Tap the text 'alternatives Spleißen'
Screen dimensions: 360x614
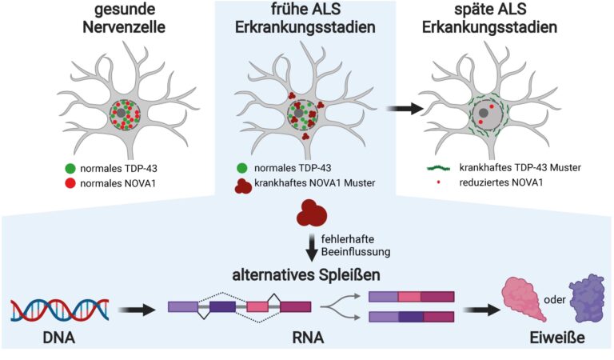(x=307, y=276)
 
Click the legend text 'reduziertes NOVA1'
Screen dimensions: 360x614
(x=502, y=184)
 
